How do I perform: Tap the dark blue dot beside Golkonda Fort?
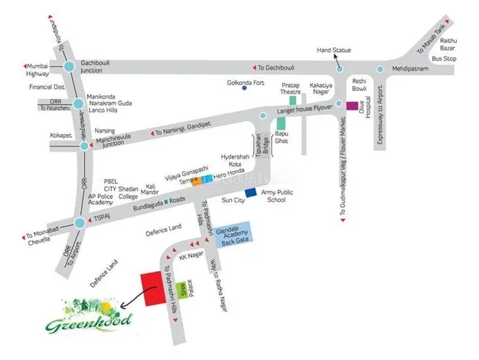tap(244, 88)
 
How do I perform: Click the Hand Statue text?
tap(334, 51)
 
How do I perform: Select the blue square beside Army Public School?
tap(249, 191)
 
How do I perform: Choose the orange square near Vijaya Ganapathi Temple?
tap(197, 182)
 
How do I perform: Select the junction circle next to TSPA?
tap(80, 223)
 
